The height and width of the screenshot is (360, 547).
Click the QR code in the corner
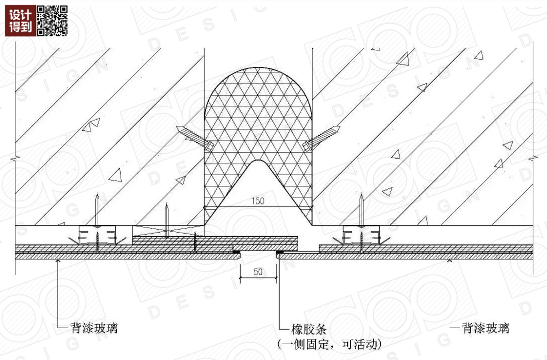(52, 21)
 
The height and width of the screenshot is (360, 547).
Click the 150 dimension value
(258, 201)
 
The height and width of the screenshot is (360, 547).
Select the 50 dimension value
(258, 272)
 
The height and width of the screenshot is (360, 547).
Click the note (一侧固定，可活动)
(329, 344)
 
